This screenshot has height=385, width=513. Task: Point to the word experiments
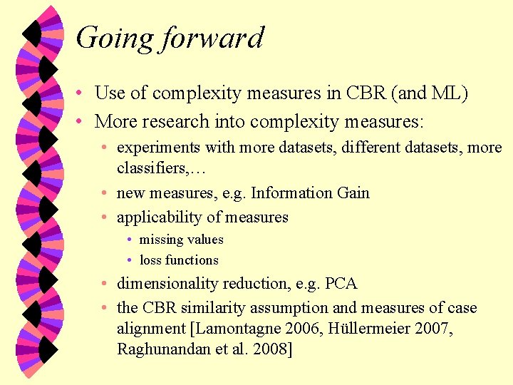pos(158,148)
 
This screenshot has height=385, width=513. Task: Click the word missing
pos(161,240)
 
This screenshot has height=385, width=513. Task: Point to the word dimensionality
pos(167,284)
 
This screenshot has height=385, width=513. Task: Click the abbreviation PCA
pos(341,284)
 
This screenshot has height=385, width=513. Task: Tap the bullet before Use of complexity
pos(83,93)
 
